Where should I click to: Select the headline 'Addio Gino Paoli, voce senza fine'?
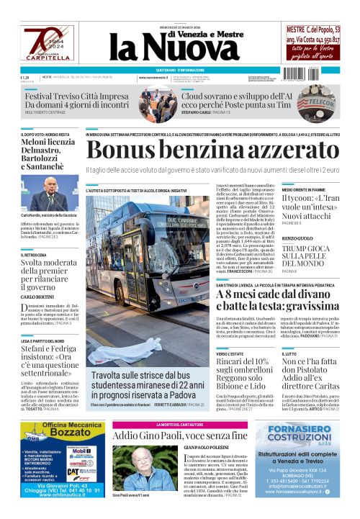coord(180,435)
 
